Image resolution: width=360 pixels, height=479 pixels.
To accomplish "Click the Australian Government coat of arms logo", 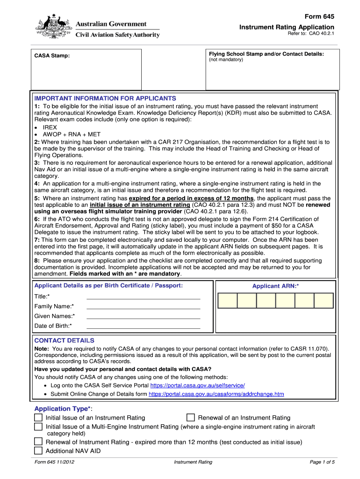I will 53,27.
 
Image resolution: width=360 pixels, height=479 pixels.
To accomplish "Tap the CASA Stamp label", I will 52,56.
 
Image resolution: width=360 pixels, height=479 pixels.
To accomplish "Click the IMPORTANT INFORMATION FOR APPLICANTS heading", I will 105,98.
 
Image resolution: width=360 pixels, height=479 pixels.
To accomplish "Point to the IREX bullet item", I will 50,127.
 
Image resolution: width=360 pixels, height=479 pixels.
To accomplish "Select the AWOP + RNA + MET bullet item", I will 72,134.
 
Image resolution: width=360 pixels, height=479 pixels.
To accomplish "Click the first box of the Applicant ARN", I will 227,300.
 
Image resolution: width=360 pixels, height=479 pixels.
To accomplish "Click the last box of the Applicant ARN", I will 324,300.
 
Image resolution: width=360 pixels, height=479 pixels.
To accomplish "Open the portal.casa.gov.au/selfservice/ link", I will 197,385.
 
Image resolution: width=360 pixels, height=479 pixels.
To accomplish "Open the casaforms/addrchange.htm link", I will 216,394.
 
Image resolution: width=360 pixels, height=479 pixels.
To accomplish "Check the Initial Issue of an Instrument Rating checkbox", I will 38,417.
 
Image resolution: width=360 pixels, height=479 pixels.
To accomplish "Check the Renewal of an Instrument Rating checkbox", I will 190,417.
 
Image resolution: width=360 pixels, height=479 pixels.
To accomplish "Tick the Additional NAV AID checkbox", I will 38,451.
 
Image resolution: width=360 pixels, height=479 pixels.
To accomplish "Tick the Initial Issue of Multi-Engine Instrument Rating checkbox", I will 38,427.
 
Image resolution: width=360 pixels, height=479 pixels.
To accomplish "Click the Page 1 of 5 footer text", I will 322,462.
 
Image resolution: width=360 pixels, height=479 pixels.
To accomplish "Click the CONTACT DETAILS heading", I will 64,341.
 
